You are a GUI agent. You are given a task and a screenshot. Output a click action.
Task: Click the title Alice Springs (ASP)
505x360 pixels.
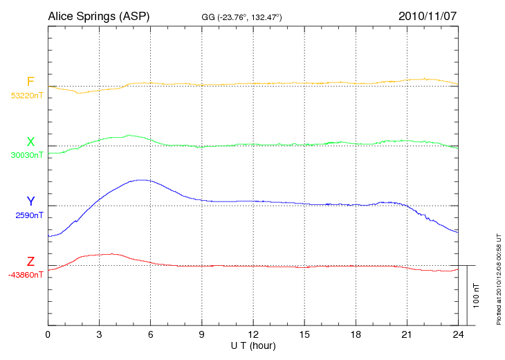coord(99,15)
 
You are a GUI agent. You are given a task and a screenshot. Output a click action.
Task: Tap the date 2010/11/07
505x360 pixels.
coord(426,15)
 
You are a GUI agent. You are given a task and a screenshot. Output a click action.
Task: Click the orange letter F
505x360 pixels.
coord(30,82)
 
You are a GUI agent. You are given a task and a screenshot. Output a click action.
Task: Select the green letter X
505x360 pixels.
coord(30,142)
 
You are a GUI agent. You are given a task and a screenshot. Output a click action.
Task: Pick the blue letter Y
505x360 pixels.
coord(30,201)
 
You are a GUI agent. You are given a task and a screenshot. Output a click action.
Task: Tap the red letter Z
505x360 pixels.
coord(30,261)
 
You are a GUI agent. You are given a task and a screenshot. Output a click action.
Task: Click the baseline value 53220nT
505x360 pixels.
coord(27,96)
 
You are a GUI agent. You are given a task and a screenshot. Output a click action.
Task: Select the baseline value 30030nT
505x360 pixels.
coord(27,155)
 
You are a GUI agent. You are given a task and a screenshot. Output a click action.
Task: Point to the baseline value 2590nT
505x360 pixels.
coord(29,215)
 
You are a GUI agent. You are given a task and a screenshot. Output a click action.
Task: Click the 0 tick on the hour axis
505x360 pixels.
coord(48,334)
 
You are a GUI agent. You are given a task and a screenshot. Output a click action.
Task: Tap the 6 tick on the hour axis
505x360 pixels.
coord(150,334)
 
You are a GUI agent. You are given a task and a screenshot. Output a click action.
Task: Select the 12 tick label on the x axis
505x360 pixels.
coord(252,334)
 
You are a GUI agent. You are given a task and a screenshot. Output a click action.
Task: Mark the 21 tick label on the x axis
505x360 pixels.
coord(406,334)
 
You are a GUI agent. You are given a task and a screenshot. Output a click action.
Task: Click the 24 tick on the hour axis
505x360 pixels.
coord(457,334)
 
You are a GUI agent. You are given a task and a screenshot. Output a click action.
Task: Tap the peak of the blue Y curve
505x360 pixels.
coord(142,180)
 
